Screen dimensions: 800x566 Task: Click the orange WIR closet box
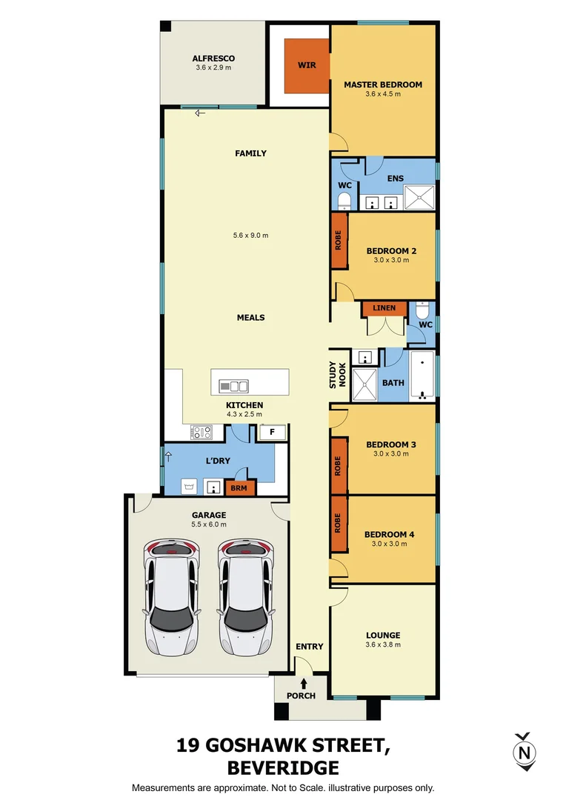(307, 66)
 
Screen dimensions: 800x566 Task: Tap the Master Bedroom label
(383, 84)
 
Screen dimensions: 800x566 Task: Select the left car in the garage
(173, 597)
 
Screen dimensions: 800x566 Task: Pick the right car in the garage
(244, 597)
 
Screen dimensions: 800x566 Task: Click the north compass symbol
(525, 751)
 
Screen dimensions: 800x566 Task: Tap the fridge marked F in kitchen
(272, 432)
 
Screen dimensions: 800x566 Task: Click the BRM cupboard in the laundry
(239, 488)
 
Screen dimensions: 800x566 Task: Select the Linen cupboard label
(384, 308)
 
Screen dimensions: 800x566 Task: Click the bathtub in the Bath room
(422, 376)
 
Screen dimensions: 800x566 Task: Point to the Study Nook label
(338, 376)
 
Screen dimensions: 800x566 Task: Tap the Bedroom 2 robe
(339, 241)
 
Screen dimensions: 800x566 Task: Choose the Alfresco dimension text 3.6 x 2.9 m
(213, 68)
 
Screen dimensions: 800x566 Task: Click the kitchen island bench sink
(234, 386)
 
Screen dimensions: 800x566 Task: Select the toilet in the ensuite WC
(344, 200)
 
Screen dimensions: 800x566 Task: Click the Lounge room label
(383, 635)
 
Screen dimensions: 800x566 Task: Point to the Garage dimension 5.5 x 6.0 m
(208, 524)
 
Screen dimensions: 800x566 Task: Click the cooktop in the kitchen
(202, 430)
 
